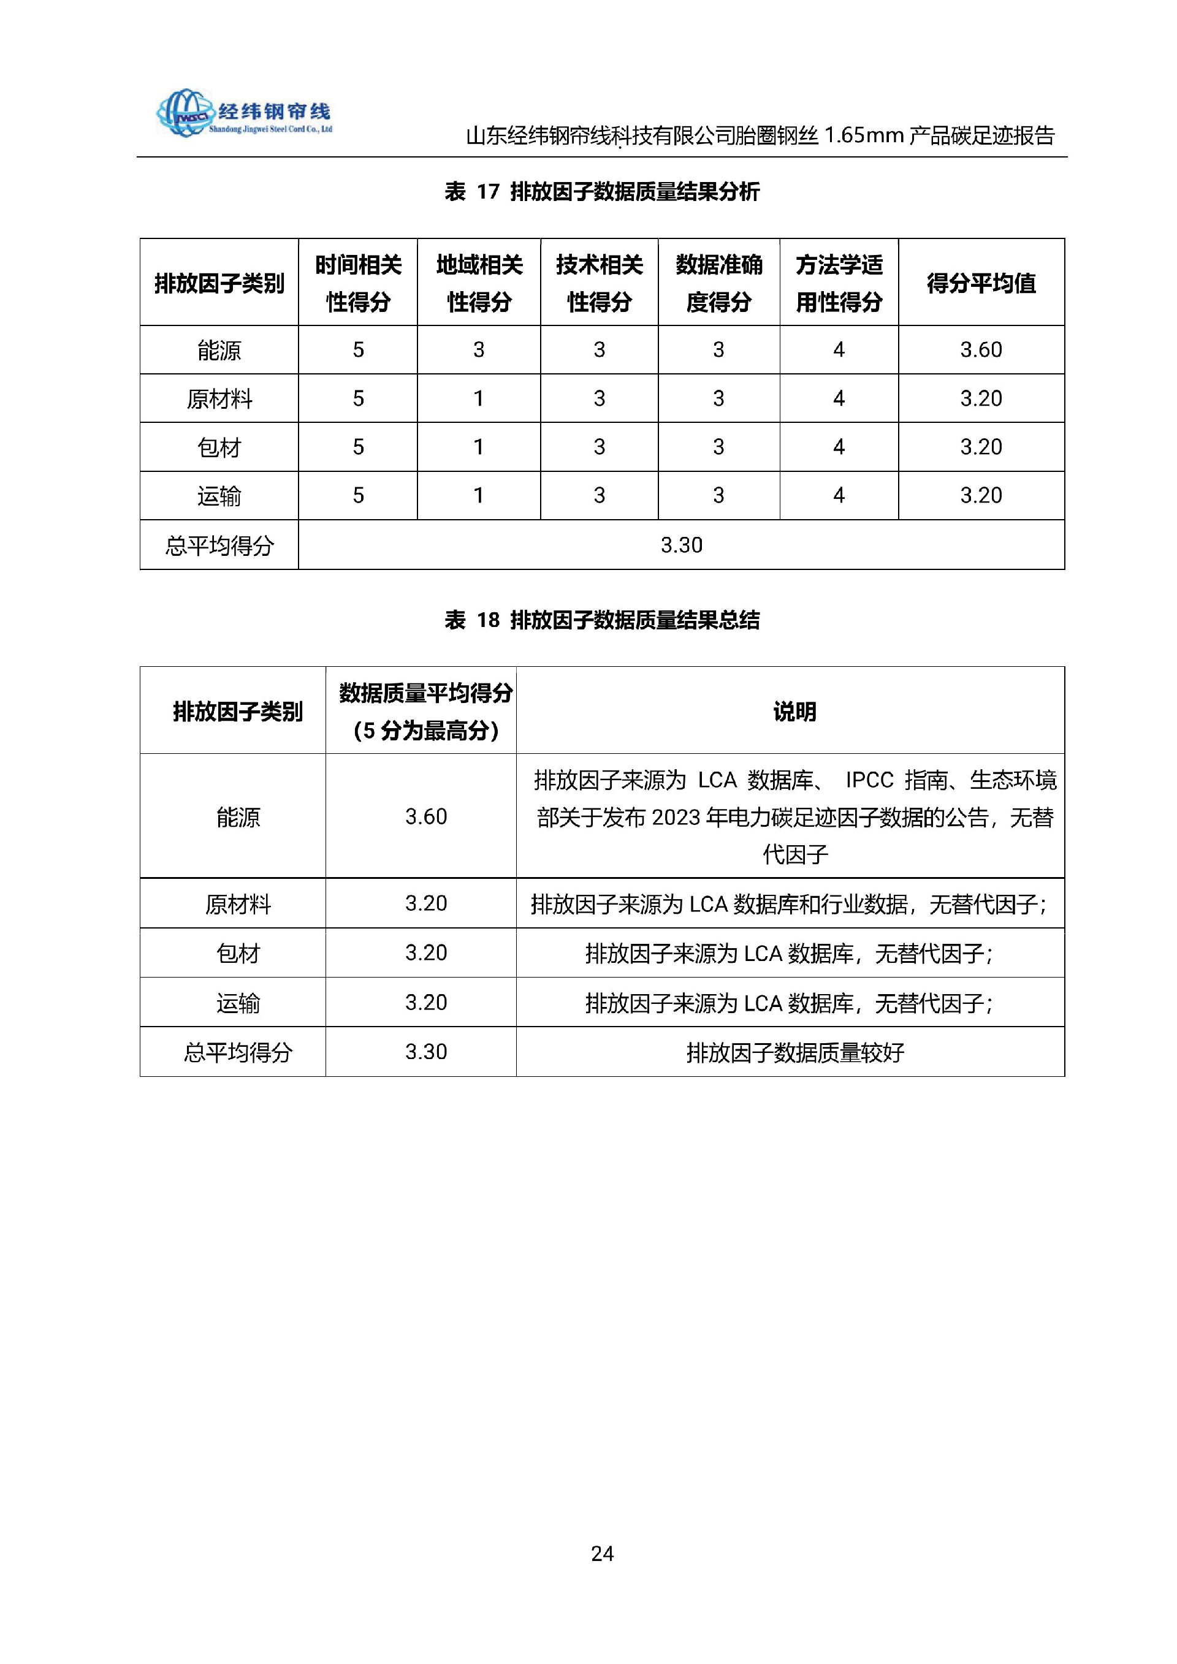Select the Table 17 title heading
tap(601, 191)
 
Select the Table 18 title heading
tap(601, 620)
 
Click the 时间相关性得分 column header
tap(358, 283)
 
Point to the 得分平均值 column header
tap(981, 283)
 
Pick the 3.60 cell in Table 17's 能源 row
tap(981, 349)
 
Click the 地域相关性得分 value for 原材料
tap(478, 398)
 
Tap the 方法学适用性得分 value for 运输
tap(839, 495)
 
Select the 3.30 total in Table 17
tap(681, 544)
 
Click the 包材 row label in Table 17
tap(219, 447)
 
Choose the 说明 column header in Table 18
tap(794, 711)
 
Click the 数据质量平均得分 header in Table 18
tap(425, 711)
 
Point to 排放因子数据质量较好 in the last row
tap(794, 1052)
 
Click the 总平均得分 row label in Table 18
tap(238, 1052)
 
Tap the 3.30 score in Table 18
tap(425, 1052)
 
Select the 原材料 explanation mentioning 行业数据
tap(788, 904)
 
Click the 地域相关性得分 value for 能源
tap(478, 349)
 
